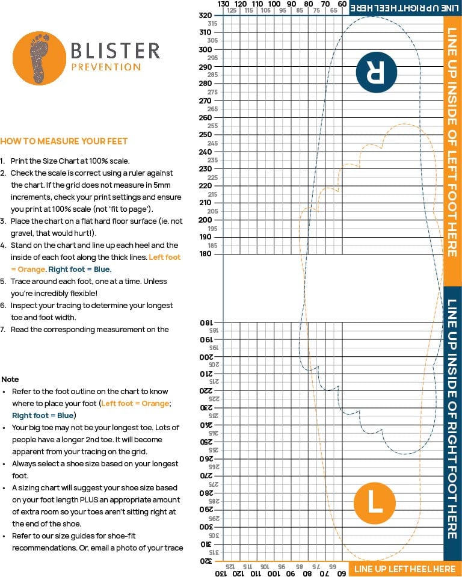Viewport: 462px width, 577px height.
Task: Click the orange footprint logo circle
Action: [x=39, y=58]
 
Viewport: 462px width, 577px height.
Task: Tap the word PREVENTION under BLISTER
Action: [x=106, y=67]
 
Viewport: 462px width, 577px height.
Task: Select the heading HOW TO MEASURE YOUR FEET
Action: [x=64, y=141]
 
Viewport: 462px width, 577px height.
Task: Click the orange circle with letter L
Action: [x=374, y=501]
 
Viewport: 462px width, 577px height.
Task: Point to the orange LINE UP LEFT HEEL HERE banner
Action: [x=404, y=569]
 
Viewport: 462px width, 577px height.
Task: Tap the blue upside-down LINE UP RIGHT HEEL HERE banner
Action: [x=404, y=7]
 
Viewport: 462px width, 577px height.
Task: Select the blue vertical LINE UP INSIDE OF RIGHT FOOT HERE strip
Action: [x=452, y=421]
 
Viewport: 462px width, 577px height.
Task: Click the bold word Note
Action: [x=10, y=380]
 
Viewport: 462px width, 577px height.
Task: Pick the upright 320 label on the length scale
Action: [x=205, y=15]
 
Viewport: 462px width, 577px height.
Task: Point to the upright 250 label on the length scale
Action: [x=205, y=135]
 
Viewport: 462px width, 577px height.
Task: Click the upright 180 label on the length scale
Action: [x=205, y=254]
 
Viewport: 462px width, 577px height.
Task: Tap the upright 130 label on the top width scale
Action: [x=223, y=4]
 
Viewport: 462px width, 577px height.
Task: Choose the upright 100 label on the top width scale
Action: [x=274, y=4]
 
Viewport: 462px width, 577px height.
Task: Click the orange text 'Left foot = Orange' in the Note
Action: [x=135, y=403]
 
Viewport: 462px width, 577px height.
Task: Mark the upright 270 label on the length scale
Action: [x=205, y=100]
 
